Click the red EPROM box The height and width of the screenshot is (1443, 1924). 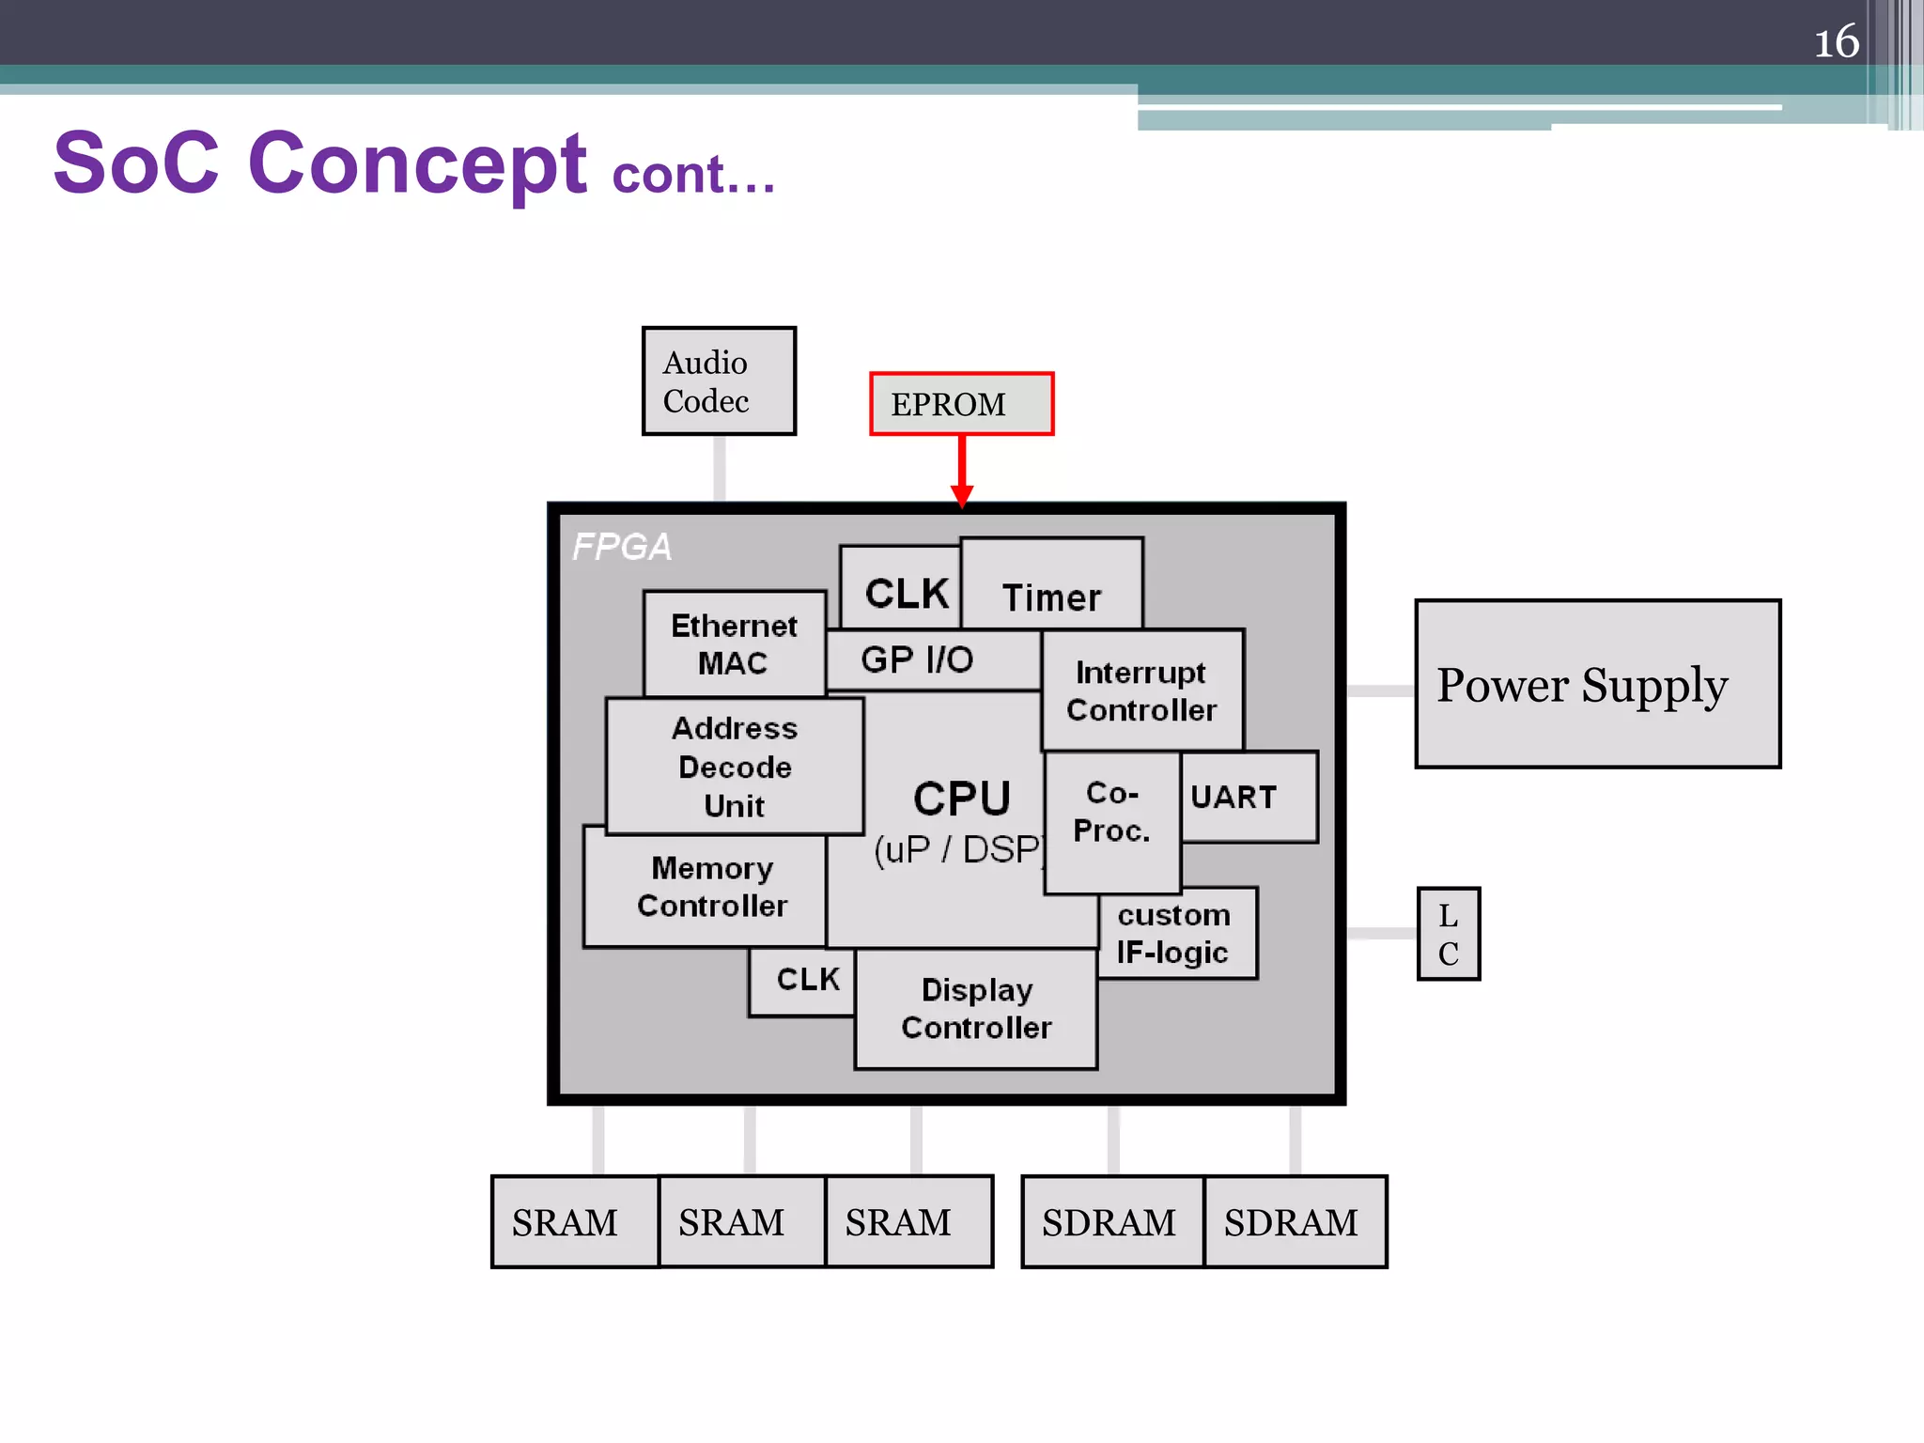click(961, 404)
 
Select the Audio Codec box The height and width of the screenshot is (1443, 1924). click(719, 381)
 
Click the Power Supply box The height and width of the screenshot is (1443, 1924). click(1597, 684)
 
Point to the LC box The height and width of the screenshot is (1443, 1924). click(1448, 934)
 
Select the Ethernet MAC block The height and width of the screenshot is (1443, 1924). click(734, 644)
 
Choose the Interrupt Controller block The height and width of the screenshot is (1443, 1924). click(1141, 691)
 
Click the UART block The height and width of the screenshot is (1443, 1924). click(1248, 797)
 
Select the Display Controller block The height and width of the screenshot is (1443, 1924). click(976, 1009)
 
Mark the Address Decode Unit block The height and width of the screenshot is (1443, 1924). click(735, 767)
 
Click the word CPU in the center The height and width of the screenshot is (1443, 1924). click(961, 799)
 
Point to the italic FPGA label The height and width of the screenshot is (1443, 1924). click(621, 547)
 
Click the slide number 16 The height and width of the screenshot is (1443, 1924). click(1836, 42)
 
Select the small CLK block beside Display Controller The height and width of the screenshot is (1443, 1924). click(804, 981)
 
